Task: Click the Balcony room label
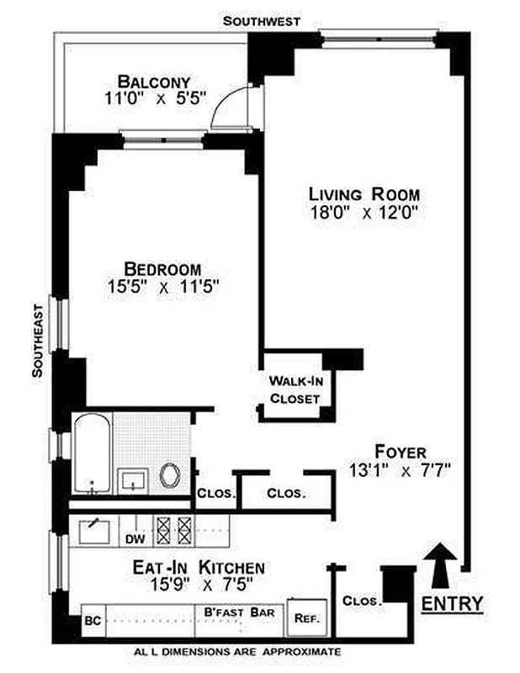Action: [154, 81]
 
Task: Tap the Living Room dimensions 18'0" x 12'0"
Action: [364, 213]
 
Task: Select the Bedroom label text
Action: [162, 269]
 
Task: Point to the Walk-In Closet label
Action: [295, 389]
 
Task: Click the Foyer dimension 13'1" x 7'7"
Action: [399, 471]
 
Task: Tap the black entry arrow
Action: [440, 565]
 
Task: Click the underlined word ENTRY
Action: [452, 603]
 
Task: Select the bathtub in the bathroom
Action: [93, 453]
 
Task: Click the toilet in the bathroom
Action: [170, 475]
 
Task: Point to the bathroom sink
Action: [133, 481]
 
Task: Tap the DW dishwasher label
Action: [135, 539]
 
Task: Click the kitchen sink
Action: [94, 532]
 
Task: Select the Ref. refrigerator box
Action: [307, 618]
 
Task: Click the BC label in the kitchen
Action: [93, 621]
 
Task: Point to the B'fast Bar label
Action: [239, 612]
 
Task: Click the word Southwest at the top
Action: [262, 20]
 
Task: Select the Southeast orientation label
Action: [38, 341]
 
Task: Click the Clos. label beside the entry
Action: [362, 601]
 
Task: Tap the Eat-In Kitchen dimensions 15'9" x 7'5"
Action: [201, 584]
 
